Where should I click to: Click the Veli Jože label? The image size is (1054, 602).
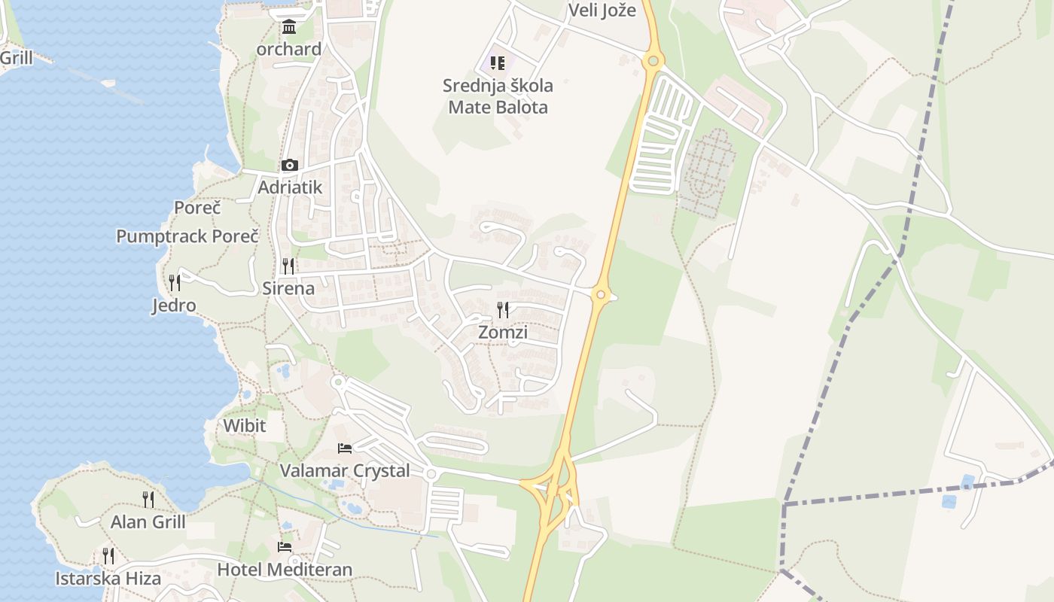(602, 11)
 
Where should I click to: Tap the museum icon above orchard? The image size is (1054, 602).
(288, 28)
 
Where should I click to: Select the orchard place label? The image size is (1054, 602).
(289, 50)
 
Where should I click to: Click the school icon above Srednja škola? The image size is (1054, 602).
(498, 63)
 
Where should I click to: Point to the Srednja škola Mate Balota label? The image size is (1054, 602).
(498, 96)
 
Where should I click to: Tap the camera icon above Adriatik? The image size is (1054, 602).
(289, 166)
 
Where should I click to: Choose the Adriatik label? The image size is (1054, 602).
(290, 187)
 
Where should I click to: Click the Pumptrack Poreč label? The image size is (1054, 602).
(187, 236)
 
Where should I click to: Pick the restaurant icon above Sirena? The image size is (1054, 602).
(288, 266)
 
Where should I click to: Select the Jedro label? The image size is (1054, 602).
(174, 306)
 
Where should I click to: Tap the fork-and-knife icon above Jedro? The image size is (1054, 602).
(175, 283)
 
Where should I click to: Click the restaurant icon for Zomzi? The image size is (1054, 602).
(503, 309)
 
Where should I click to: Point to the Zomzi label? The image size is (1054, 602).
(503, 333)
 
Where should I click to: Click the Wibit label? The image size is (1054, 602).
(245, 426)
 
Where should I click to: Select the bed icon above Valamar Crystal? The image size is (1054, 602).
(345, 448)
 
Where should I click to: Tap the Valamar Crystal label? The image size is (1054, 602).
(345, 471)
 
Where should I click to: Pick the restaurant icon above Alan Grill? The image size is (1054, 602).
(148, 499)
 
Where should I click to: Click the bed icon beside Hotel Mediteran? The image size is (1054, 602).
(285, 547)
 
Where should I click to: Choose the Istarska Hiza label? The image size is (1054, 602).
(108, 579)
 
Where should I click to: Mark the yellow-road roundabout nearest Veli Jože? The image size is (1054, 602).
(653, 61)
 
